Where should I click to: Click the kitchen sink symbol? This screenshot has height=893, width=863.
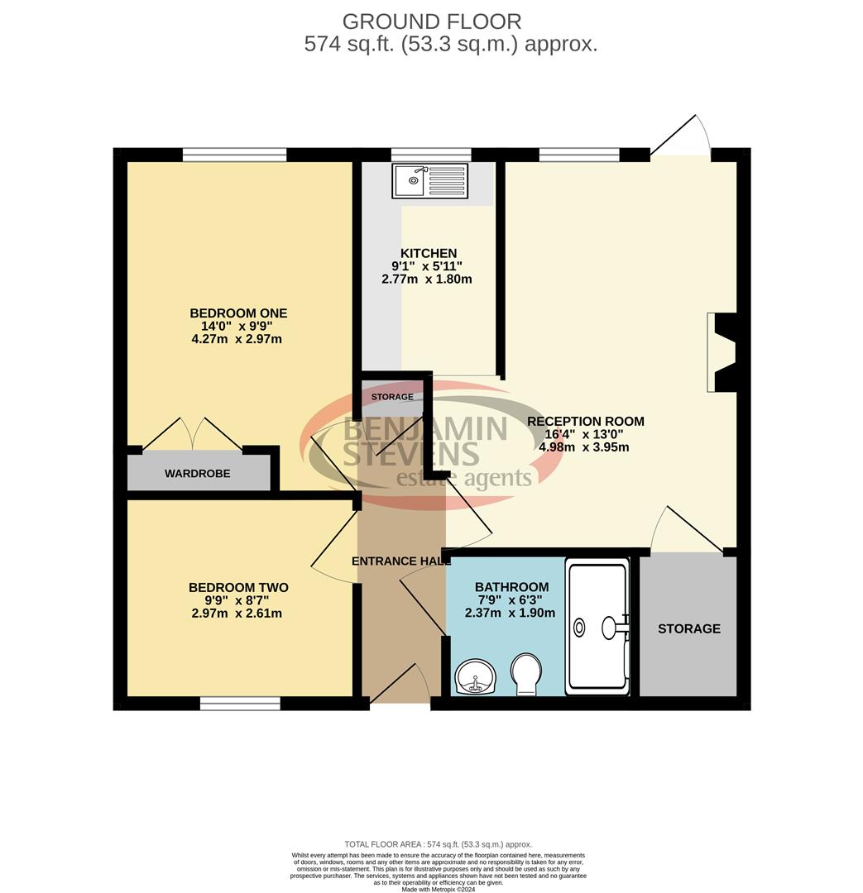click(x=430, y=180)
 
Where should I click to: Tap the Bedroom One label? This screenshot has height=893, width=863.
click(x=238, y=313)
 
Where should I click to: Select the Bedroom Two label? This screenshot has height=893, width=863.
click(x=238, y=588)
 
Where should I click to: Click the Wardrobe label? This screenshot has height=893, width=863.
click(x=197, y=474)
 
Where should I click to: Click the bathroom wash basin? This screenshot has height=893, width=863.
click(x=475, y=676)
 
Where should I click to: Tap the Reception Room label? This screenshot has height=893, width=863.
click(x=585, y=421)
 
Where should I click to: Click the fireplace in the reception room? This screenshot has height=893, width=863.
click(x=722, y=352)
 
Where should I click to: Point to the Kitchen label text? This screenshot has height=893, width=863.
click(x=428, y=253)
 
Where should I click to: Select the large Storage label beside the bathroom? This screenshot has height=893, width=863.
click(x=688, y=628)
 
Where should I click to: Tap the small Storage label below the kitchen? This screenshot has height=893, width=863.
click(x=392, y=397)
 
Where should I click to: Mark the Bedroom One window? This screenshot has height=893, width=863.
click(x=234, y=154)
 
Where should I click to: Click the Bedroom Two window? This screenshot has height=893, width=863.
click(x=239, y=704)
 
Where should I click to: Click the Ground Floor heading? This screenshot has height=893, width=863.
click(x=431, y=21)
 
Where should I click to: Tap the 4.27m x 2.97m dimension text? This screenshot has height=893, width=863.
click(x=238, y=339)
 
